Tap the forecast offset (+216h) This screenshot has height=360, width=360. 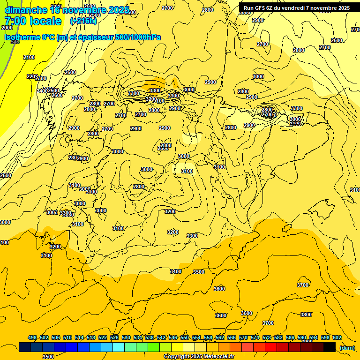[x=83, y=21]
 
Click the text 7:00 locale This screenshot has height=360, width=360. [x=33, y=21]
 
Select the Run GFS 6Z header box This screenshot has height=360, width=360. [x=296, y=7]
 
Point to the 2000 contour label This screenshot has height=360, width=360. [x=7, y=28]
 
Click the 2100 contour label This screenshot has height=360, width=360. [x=29, y=57]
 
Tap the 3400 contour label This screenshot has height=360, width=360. [x=176, y=271]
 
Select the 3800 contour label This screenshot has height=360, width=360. [x=306, y=315]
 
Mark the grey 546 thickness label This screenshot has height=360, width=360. [x=15, y=42]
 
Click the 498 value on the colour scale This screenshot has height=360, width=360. [x=32, y=337]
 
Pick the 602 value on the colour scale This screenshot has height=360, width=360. [x=337, y=337]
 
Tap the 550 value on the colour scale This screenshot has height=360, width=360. [x=185, y=337]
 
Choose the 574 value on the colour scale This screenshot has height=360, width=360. [x=255, y=337]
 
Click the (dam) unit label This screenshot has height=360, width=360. [x=347, y=347]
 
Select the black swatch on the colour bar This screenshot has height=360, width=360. [x=330, y=347]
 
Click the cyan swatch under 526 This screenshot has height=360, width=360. [x=119, y=347]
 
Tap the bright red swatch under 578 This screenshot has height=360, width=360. [x=271, y=347]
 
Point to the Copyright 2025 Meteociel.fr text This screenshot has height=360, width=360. [x=199, y=356]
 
